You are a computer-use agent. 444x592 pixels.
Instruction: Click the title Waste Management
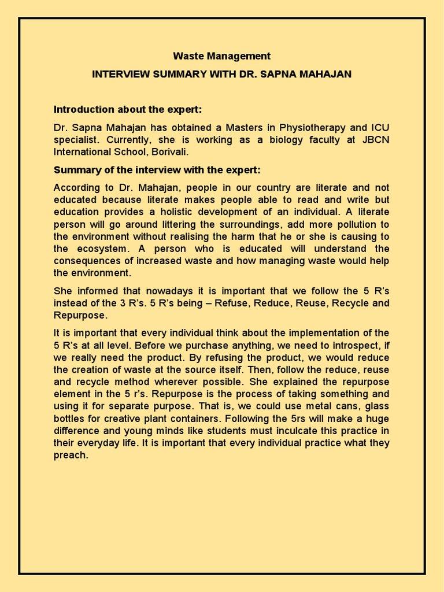point(222,56)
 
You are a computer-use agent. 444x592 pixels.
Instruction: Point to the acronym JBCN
point(375,139)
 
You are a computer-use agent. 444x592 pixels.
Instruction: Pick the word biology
point(272,139)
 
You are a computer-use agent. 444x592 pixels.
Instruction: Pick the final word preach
point(71,455)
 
